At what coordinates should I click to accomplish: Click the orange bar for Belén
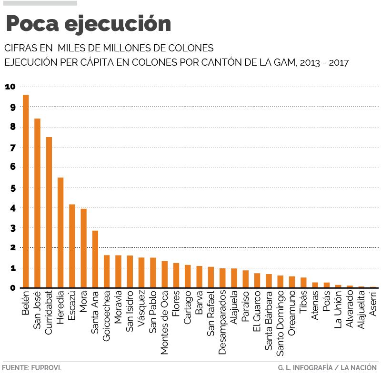(26, 191)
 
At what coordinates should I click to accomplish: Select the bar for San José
(37, 203)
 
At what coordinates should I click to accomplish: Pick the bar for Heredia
(60, 233)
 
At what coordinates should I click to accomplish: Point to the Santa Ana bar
(95, 259)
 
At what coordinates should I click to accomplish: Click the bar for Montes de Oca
(164, 274)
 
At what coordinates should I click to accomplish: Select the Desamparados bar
(222, 278)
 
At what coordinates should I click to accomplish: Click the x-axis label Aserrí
(372, 305)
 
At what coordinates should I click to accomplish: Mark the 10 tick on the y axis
(10, 87)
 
